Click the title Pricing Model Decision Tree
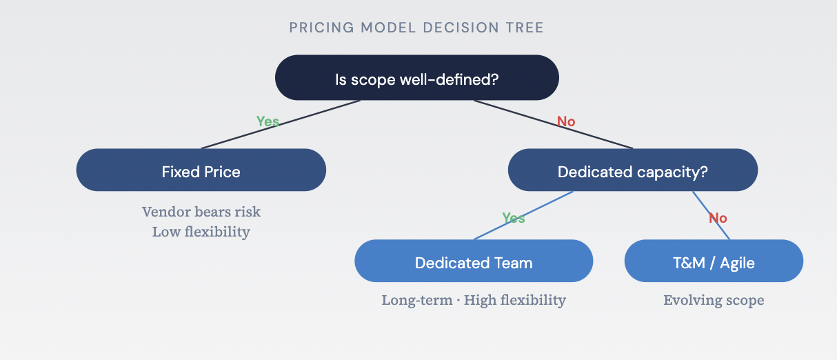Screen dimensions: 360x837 pos(416,28)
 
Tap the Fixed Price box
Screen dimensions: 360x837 pos(201,171)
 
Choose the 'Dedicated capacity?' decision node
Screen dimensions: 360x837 pos(632,171)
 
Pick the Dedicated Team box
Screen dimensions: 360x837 pos(474,262)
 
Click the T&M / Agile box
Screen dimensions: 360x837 pos(714,262)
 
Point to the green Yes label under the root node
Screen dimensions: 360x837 pos(268,122)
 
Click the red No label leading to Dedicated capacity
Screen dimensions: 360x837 pos(565,122)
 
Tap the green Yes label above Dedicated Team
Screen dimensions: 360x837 pos(514,218)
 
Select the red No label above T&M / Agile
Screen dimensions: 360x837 pos(718,218)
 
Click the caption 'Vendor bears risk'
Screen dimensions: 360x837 pos(201,212)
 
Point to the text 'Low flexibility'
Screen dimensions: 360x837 pos(201,232)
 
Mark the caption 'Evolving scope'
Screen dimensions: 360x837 pos(714,301)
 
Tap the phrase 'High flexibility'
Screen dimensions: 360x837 pos(514,301)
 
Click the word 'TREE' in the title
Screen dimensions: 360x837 pos(524,28)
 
